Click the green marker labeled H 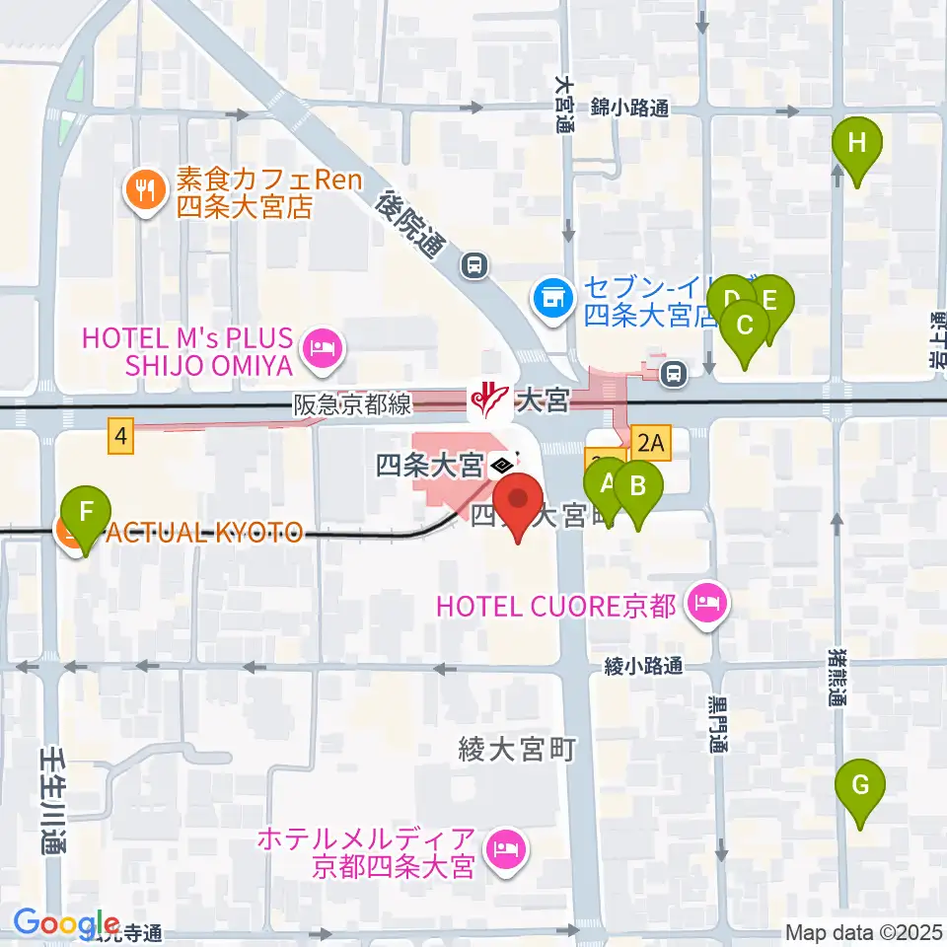tap(857, 144)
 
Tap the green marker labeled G tap(859, 787)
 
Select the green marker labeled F tap(86, 513)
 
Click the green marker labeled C tap(746, 326)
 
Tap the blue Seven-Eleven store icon tap(552, 298)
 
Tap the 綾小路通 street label tap(643, 667)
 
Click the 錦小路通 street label tap(630, 108)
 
